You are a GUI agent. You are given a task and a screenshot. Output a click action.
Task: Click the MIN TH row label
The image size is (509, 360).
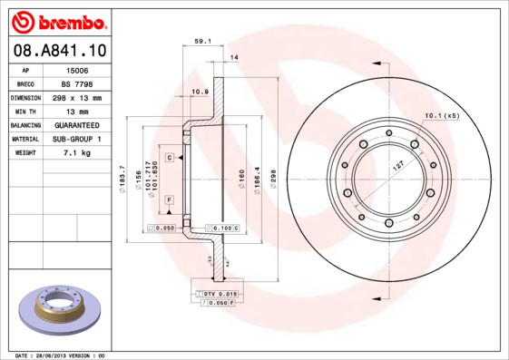click(x=25, y=111)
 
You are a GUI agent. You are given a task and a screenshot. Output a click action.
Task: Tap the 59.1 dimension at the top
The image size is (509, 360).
click(x=203, y=40)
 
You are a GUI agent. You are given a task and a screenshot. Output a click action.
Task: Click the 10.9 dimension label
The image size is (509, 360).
click(x=201, y=92)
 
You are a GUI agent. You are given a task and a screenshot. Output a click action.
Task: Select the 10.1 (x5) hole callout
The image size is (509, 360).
click(x=442, y=116)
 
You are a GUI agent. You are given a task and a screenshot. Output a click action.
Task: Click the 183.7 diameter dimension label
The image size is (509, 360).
click(x=122, y=178)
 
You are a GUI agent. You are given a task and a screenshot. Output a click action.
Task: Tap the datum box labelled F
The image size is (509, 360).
click(x=169, y=199)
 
